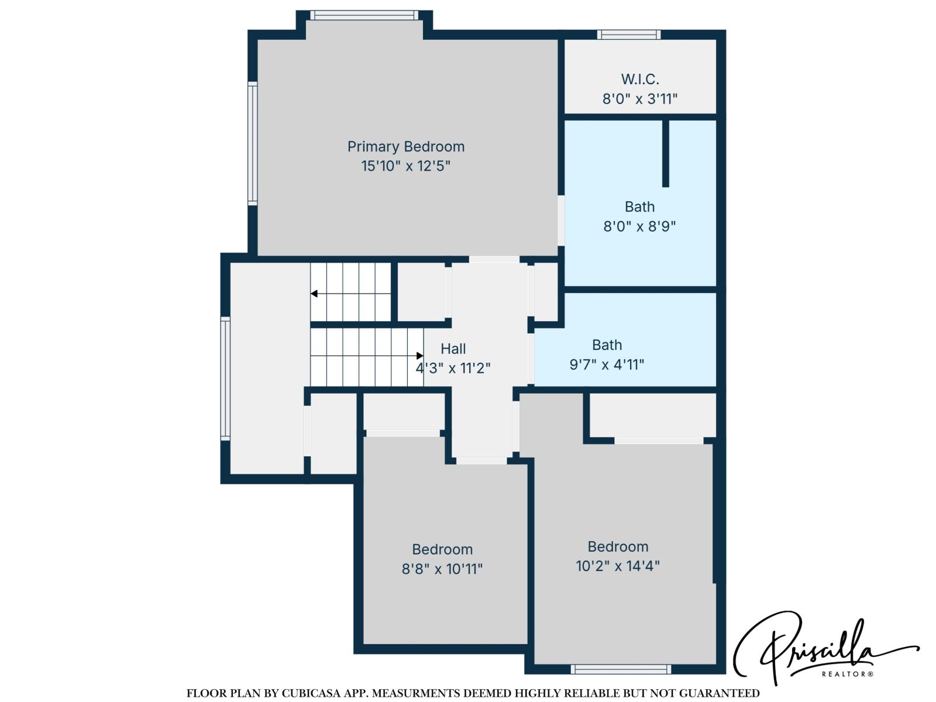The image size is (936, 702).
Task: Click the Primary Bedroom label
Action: [405, 146]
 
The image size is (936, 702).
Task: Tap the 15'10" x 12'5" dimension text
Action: [405, 166]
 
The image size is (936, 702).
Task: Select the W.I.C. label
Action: [640, 79]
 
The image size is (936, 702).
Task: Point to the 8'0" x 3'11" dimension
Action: [640, 99]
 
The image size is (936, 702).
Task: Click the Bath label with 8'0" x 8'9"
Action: [639, 207]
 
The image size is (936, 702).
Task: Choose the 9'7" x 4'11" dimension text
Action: [607, 365]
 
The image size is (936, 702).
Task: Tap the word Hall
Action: [453, 349]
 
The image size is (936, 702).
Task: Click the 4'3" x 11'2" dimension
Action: [453, 368]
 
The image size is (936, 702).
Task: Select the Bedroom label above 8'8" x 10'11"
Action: [442, 549]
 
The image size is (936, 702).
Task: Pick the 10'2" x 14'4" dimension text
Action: [618, 566]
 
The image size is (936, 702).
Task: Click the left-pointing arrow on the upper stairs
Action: [314, 294]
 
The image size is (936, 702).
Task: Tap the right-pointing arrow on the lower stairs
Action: [419, 356]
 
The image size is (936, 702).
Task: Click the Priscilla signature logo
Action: [819, 646]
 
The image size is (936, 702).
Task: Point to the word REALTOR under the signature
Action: [847, 675]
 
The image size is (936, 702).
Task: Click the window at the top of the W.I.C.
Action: [629, 35]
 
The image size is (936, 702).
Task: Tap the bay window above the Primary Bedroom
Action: [364, 15]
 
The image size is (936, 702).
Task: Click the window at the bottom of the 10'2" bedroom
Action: [621, 669]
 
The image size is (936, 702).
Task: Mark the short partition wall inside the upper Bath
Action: [665, 153]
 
